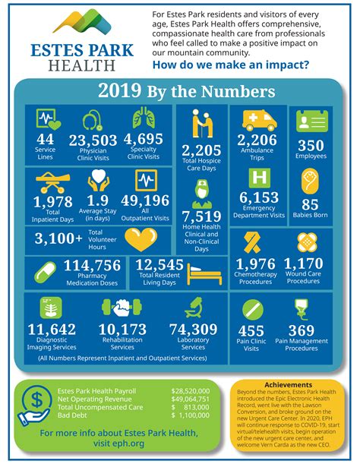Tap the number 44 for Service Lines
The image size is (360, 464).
tap(45, 139)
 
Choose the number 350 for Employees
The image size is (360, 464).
tap(311, 145)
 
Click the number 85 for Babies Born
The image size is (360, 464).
tap(311, 204)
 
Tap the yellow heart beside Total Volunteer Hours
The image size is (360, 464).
tap(140, 239)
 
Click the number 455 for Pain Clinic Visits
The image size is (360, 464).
tap(251, 331)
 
